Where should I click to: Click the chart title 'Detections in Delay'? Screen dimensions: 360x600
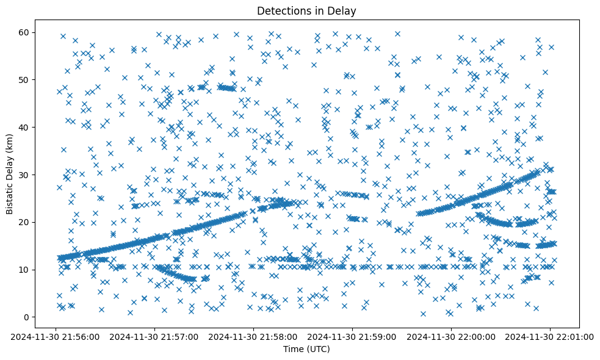(x=306, y=10)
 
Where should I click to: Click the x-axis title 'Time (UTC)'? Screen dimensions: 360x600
(x=306, y=349)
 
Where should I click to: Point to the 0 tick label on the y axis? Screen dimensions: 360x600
(x=27, y=317)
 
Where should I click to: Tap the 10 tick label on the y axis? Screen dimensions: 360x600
(x=24, y=270)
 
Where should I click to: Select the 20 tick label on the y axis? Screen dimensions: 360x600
(x=24, y=222)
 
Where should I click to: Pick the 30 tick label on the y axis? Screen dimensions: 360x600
(x=24, y=175)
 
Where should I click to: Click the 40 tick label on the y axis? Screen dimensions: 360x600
(x=24, y=127)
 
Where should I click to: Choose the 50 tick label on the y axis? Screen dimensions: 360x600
(x=24, y=79)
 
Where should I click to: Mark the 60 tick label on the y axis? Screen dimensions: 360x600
(x=24, y=32)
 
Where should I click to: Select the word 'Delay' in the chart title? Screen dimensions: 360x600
(x=344, y=10)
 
